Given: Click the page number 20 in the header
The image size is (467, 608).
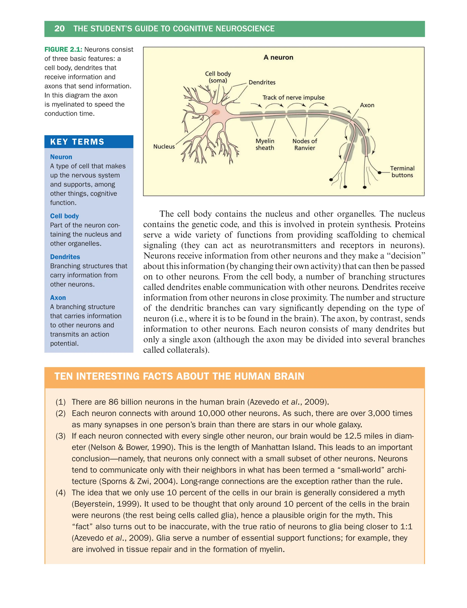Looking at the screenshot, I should (x=59, y=29).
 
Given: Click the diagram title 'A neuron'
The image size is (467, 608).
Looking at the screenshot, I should (x=278, y=57).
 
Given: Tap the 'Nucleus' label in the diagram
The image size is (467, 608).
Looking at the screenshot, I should (x=164, y=146).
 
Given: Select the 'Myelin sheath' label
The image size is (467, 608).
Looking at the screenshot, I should (x=265, y=144).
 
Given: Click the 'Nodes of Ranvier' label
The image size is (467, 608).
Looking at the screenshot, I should (x=305, y=144).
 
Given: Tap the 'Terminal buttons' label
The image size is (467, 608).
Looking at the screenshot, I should (x=402, y=172).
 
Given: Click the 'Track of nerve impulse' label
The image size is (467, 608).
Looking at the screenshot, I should (x=293, y=97).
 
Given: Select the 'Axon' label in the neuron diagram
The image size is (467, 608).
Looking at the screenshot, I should (x=367, y=105).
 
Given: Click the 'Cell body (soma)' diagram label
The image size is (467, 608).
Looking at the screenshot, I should (x=218, y=77).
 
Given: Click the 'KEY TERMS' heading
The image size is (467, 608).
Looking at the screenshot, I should (x=77, y=142).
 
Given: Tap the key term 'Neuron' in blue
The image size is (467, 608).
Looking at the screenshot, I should (x=61, y=157).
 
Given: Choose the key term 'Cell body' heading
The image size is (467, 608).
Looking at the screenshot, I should (x=64, y=216).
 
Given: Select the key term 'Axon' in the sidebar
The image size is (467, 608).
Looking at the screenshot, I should (x=58, y=297).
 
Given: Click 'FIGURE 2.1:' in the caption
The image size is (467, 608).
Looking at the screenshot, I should (x=63, y=50).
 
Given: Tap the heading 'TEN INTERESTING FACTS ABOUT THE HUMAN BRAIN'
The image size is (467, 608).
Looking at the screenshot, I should (x=179, y=376).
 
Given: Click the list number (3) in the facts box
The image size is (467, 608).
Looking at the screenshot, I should (x=60, y=436).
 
